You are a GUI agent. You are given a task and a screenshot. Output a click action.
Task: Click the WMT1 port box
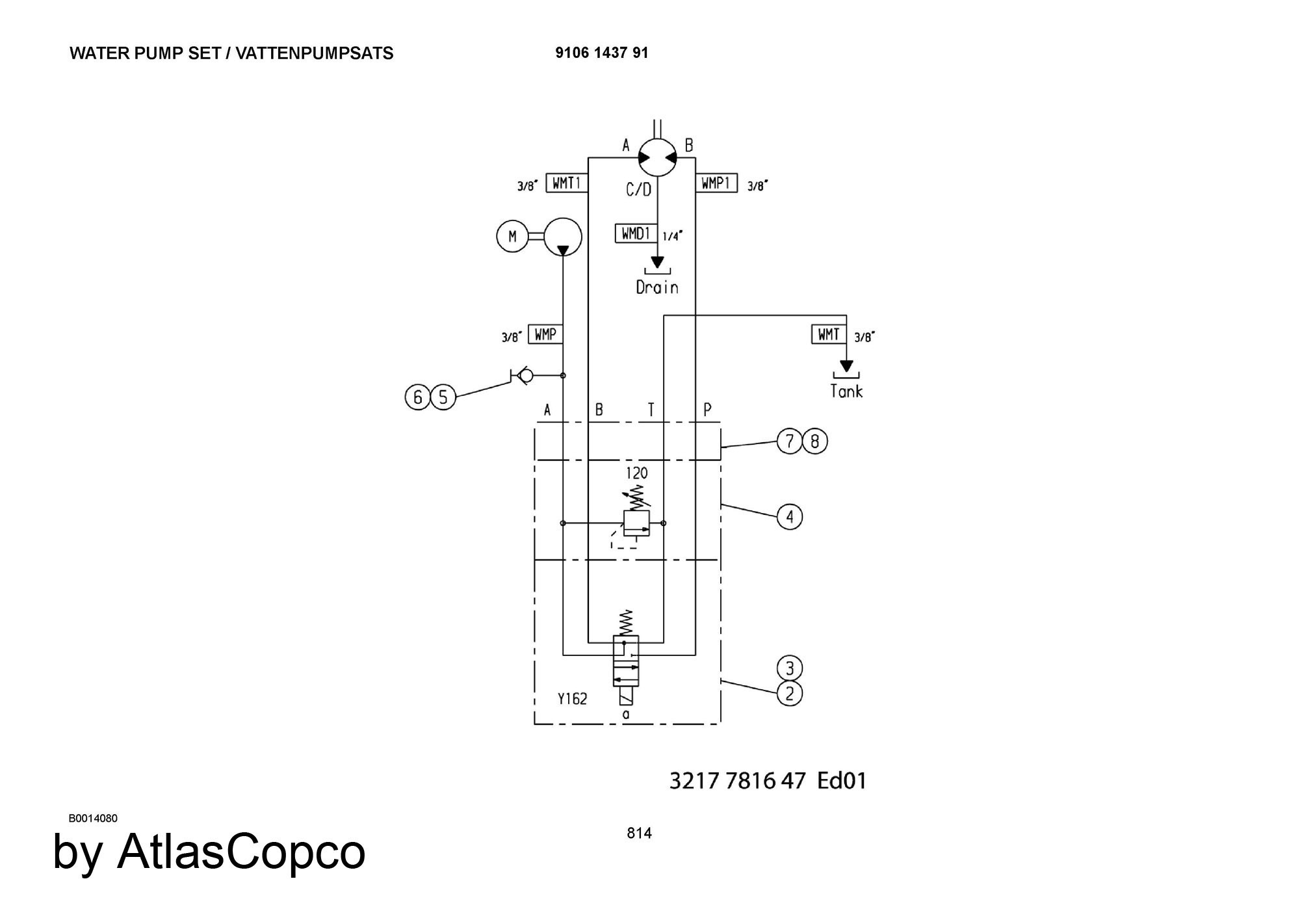point(567,183)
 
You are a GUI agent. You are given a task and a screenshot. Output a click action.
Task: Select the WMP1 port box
point(716,183)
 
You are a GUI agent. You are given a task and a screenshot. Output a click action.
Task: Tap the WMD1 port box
point(636,233)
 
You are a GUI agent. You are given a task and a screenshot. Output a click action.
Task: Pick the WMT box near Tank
point(829,334)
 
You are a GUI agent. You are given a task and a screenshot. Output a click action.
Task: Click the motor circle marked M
point(512,237)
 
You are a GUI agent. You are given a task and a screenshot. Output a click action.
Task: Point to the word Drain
point(657,287)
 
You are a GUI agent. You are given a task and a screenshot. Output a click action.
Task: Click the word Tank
point(846,391)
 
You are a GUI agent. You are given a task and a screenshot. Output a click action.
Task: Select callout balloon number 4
point(790,517)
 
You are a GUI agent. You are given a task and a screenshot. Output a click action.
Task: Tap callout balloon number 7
point(790,441)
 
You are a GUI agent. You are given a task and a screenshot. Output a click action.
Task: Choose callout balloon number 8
point(815,441)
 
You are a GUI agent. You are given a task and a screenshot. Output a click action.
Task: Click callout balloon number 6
point(418,397)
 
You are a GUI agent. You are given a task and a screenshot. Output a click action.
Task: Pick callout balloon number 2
point(790,694)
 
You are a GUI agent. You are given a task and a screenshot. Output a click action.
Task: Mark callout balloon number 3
point(790,668)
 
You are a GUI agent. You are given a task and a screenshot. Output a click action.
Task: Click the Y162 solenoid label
point(573,699)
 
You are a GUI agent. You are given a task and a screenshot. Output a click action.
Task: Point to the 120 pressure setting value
point(637,473)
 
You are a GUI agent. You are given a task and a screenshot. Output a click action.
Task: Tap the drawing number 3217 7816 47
point(738,780)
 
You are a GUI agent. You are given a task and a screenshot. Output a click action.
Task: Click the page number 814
point(640,834)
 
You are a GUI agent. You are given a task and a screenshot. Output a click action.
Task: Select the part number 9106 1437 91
point(602,53)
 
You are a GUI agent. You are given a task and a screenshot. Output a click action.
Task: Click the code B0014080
point(93,819)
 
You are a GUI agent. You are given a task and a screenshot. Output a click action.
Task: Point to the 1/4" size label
point(673,236)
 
